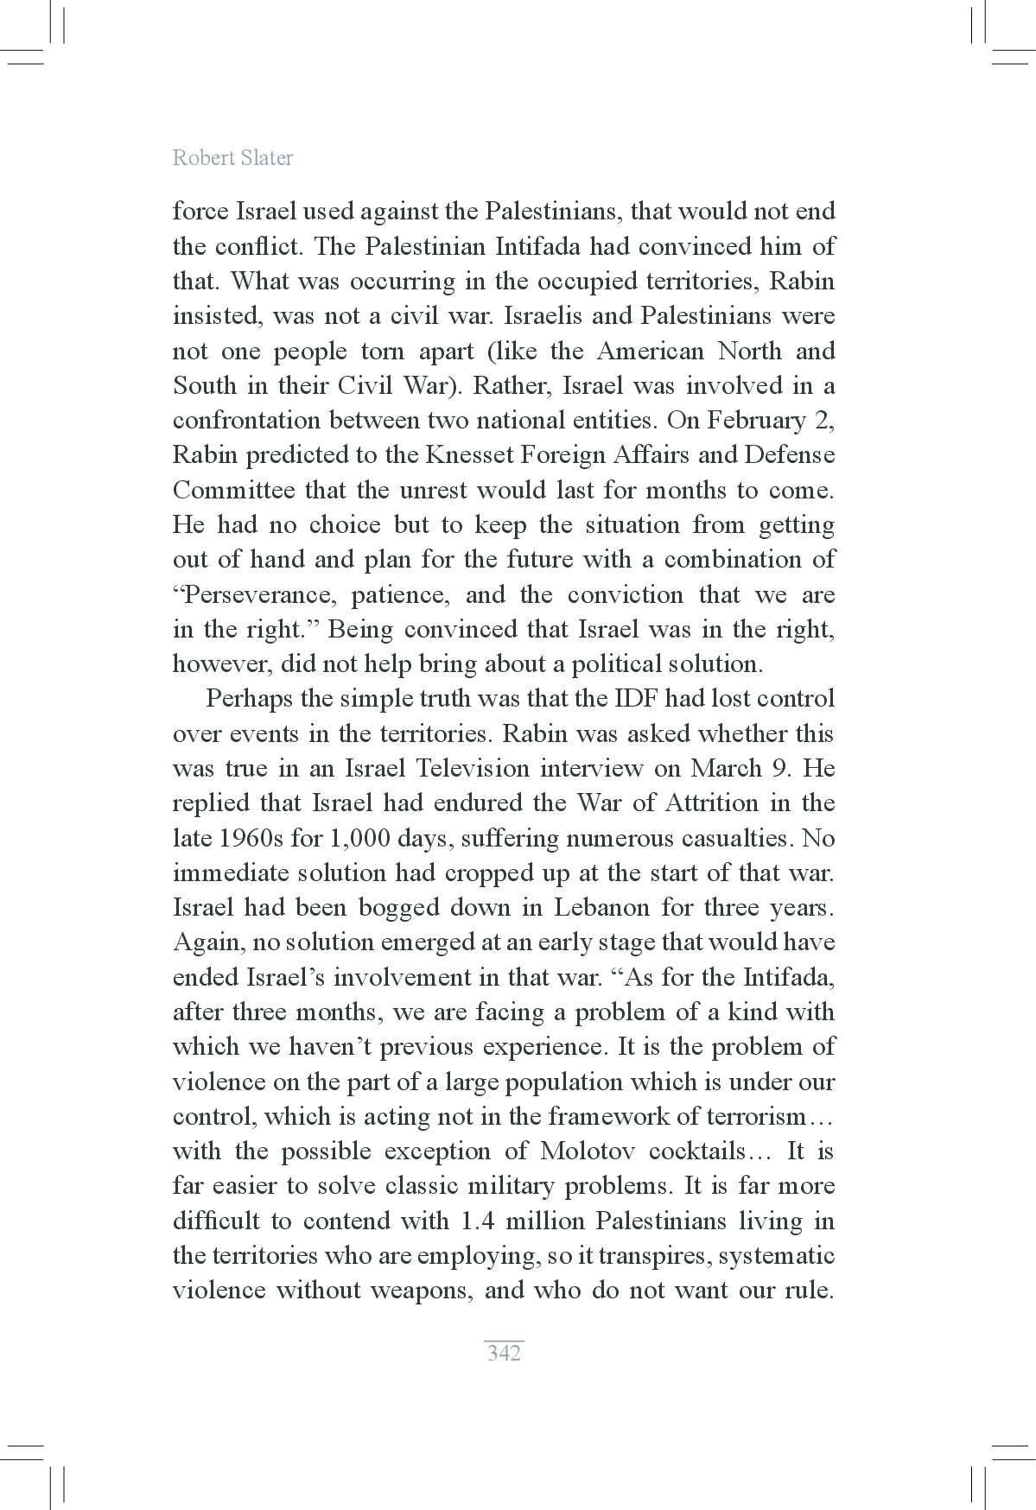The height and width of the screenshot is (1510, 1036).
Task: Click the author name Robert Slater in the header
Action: [x=232, y=157]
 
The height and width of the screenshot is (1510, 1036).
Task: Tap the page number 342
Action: [x=504, y=1353]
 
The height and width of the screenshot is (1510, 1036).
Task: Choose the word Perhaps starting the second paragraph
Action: [x=248, y=699]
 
